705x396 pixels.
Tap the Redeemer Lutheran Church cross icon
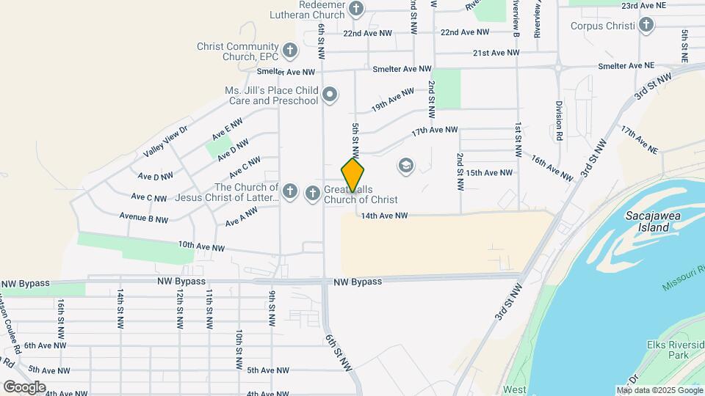pos(356,9)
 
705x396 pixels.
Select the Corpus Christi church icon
pos(646,26)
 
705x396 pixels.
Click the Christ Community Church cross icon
pos(290,51)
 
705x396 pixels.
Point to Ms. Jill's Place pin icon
pos(330,95)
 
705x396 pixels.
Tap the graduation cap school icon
pos(405,166)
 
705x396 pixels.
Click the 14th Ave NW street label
pos(383,216)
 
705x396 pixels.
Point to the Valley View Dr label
pos(166,140)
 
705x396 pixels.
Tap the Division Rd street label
pos(559,121)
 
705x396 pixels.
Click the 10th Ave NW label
pos(201,248)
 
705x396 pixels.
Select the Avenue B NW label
pos(144,219)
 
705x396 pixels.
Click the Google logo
pos(24,387)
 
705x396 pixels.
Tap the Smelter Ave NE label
pos(626,66)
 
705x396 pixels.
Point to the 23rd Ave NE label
pos(644,6)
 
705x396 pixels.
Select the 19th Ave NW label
pos(394,100)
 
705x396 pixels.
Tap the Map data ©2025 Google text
pos(659,390)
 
